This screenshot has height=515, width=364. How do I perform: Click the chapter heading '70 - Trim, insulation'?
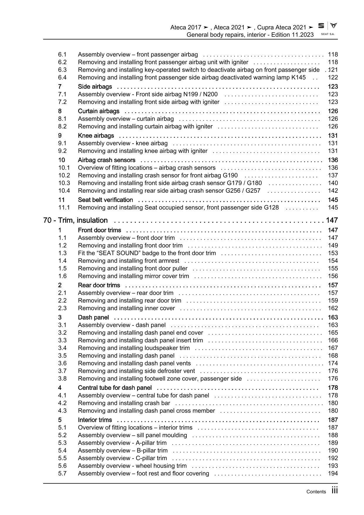click(x=75, y=220)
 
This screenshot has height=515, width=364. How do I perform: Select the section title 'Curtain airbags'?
click(x=99, y=111)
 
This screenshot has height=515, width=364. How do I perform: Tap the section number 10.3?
click(x=64, y=183)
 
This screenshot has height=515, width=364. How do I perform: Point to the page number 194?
click(x=333, y=473)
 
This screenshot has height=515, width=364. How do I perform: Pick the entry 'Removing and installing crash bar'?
click(x=124, y=403)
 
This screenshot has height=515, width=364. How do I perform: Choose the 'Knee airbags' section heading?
click(x=96, y=135)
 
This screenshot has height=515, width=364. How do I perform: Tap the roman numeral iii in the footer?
click(x=334, y=491)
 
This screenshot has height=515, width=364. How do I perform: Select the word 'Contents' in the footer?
click(x=316, y=492)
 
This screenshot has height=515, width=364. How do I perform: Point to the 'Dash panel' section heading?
click(x=93, y=317)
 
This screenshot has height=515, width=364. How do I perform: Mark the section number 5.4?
click(x=63, y=450)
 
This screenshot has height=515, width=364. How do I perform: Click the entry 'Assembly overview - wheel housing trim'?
click(x=132, y=466)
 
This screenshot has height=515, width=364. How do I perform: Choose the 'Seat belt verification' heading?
click(x=105, y=200)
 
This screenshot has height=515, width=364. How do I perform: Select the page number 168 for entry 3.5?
click(x=333, y=355)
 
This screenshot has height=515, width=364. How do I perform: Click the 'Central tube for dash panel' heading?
click(x=115, y=388)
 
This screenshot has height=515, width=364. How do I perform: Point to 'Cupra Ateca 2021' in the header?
click(x=282, y=28)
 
